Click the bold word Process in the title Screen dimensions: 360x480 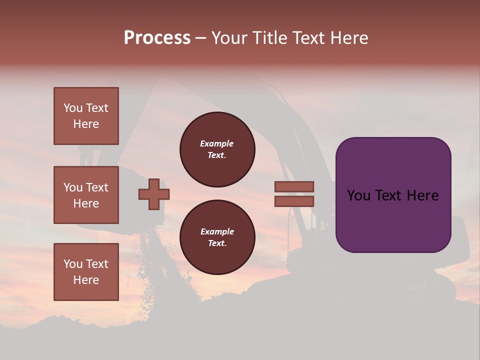click(x=157, y=38)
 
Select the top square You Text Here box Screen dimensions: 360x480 click(x=86, y=116)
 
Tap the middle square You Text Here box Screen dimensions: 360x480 click(x=86, y=195)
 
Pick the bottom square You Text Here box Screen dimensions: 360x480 click(x=86, y=272)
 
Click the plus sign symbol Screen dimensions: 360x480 click(x=154, y=194)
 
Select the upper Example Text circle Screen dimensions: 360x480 click(x=217, y=149)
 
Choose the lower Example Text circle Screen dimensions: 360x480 click(x=217, y=237)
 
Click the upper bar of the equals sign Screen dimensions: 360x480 click(x=294, y=186)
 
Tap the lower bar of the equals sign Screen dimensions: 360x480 click(x=294, y=201)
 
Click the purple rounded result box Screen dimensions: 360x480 click(x=393, y=220)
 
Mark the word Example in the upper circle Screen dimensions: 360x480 click(x=217, y=143)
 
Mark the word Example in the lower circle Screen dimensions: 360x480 click(x=217, y=231)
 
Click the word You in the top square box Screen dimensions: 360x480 click(x=73, y=108)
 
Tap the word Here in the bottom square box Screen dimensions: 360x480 click(x=86, y=280)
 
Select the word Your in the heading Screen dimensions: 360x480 click(x=228, y=38)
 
